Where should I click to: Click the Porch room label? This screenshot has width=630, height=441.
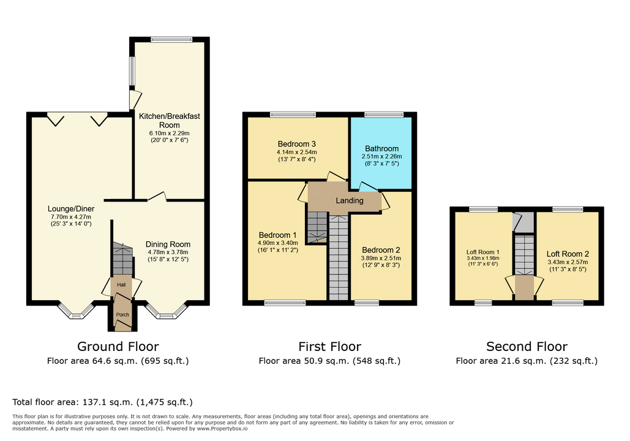[122, 315]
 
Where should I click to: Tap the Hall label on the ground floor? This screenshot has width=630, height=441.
[121, 285]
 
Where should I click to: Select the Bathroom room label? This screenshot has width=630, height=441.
[381, 149]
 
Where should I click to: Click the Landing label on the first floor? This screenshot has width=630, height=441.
[350, 200]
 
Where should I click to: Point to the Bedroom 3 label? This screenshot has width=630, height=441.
[296, 144]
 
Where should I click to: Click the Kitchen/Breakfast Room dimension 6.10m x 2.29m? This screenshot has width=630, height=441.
[169, 133]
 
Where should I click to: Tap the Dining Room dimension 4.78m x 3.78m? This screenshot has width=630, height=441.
[168, 252]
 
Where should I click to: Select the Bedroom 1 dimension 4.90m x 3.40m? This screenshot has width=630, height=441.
[277, 243]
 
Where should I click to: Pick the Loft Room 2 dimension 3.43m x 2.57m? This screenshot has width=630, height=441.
[568, 262]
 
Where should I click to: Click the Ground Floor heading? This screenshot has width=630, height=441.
[118, 347]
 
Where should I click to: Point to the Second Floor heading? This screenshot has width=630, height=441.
[527, 347]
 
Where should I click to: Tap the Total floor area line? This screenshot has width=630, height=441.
[102, 402]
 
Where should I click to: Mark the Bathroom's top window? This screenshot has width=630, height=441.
[384, 115]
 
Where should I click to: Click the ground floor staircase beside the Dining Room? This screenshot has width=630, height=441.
[122, 258]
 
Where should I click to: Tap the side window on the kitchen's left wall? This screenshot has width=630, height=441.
[132, 71]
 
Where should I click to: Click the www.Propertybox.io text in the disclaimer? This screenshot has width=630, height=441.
[222, 429]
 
